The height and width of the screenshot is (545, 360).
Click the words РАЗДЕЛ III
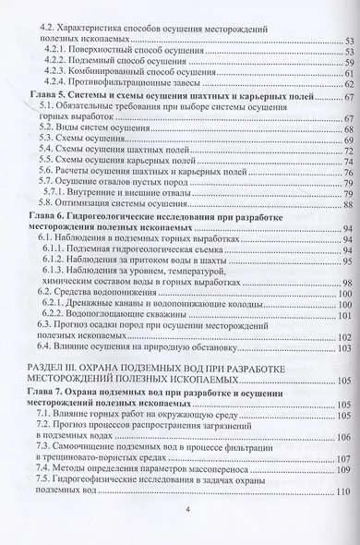51,394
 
